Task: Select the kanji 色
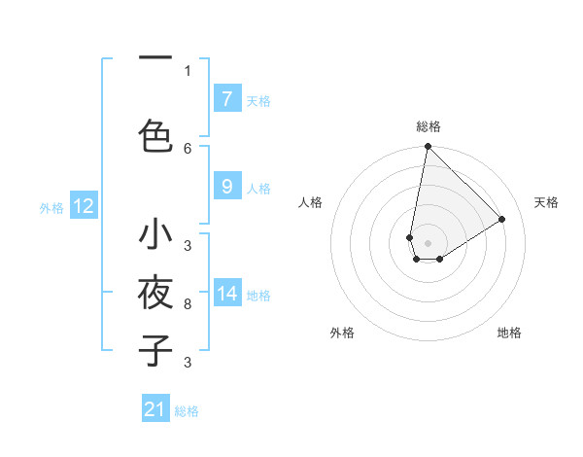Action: pos(155,134)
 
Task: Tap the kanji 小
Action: pos(155,235)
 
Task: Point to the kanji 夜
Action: pos(155,292)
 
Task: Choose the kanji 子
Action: pos(155,349)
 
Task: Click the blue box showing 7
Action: pos(226,98)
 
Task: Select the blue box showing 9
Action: pos(226,187)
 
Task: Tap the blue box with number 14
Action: pos(226,294)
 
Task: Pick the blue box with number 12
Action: pos(83,206)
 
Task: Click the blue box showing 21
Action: pos(155,409)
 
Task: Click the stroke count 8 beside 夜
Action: pos(188,305)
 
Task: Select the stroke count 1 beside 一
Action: pos(188,70)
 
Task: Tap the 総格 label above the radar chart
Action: pos(429,126)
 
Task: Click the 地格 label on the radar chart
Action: pos(509,333)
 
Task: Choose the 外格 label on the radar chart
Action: pos(342,333)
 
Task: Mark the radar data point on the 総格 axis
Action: pos(428,147)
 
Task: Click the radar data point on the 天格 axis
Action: pos(502,219)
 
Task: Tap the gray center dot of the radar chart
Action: pos(428,243)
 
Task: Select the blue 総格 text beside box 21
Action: pos(188,411)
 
